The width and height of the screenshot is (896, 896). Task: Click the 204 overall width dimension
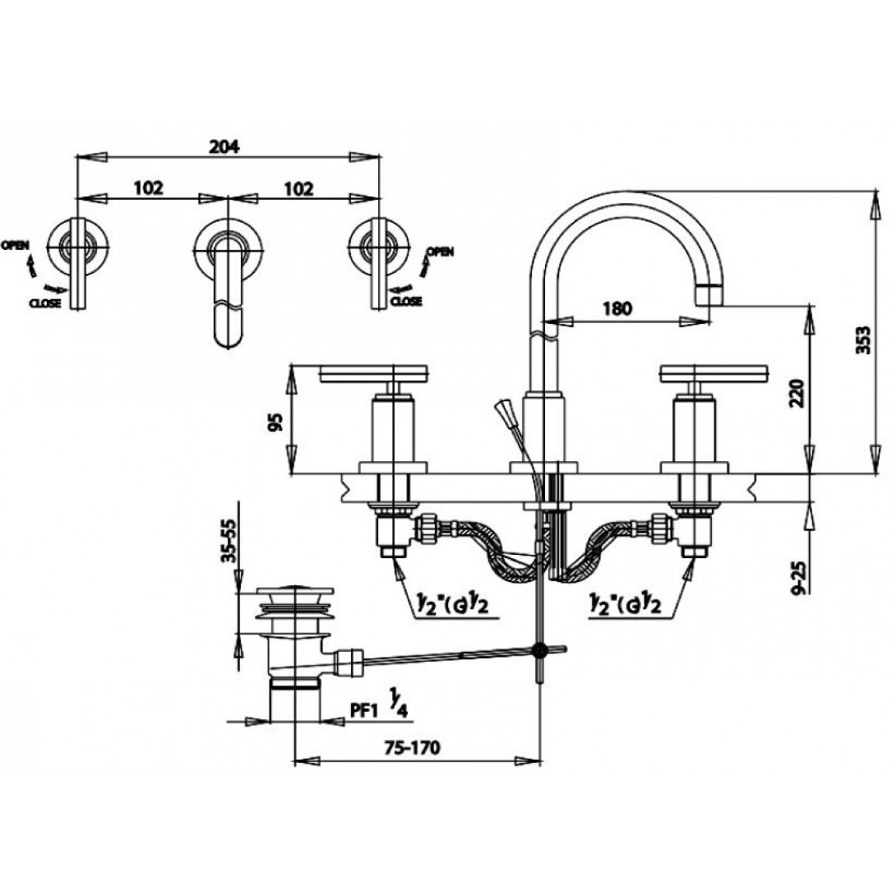(x=224, y=147)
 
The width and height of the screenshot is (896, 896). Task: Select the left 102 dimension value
(x=148, y=188)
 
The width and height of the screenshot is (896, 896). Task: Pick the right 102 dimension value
(x=299, y=188)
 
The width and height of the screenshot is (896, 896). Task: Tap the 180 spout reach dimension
(x=617, y=309)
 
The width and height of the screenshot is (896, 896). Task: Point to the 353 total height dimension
(x=863, y=340)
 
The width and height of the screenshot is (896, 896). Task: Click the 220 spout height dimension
(x=797, y=393)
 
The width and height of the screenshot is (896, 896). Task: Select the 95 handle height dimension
(x=276, y=422)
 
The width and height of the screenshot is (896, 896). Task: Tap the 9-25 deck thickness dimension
(x=800, y=577)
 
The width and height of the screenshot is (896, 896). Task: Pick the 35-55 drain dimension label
(x=229, y=541)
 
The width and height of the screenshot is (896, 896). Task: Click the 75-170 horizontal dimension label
(x=413, y=747)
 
